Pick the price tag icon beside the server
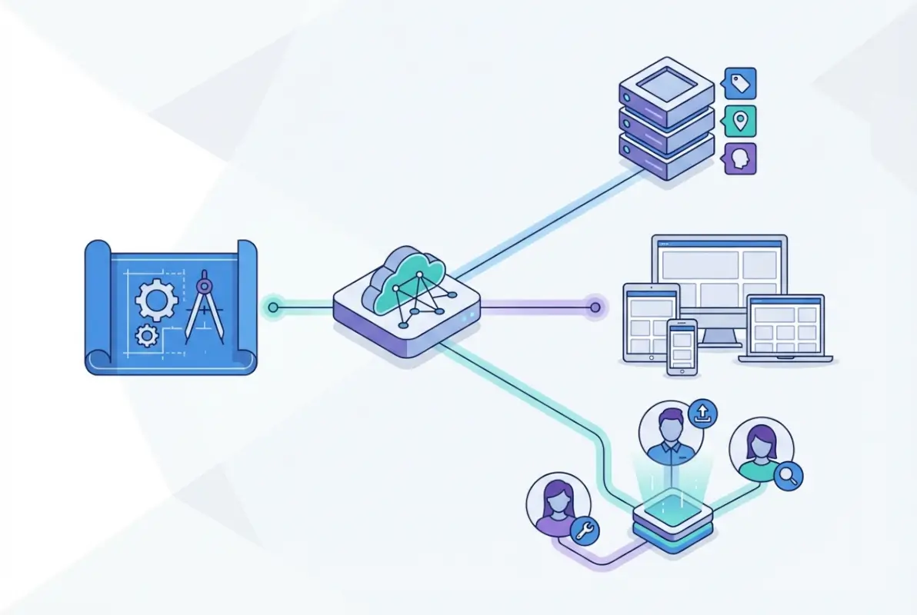coord(740,83)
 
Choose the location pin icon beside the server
coord(740,121)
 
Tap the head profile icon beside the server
coord(740,158)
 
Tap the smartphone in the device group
coord(682,347)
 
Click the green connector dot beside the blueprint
coord(273,308)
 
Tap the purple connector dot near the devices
coord(594,308)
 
